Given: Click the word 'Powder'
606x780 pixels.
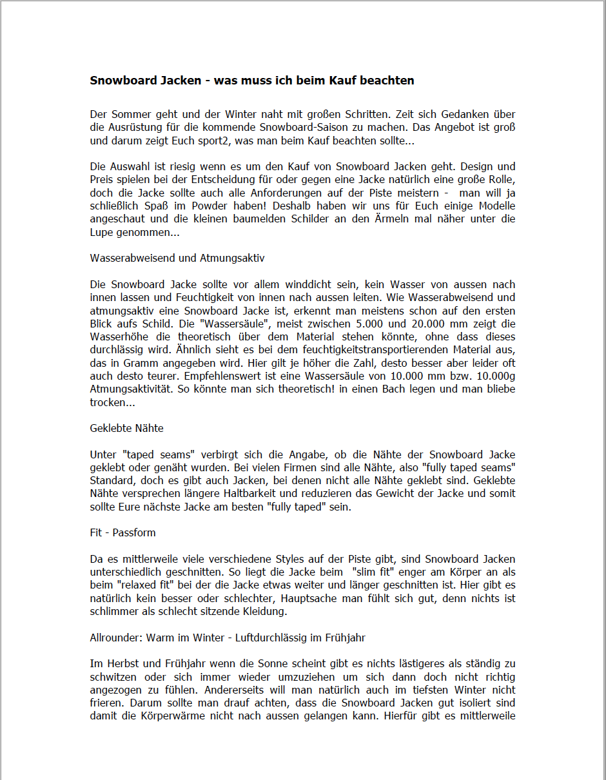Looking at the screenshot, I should [206, 206].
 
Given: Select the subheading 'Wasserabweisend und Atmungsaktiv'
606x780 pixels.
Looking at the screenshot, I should [177, 258].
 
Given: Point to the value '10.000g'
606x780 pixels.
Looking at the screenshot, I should [496, 376].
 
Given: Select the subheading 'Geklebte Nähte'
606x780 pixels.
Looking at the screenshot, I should [126, 428].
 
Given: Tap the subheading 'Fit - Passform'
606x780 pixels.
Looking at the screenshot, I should [122, 532].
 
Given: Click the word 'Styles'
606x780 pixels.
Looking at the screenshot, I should [292, 559].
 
